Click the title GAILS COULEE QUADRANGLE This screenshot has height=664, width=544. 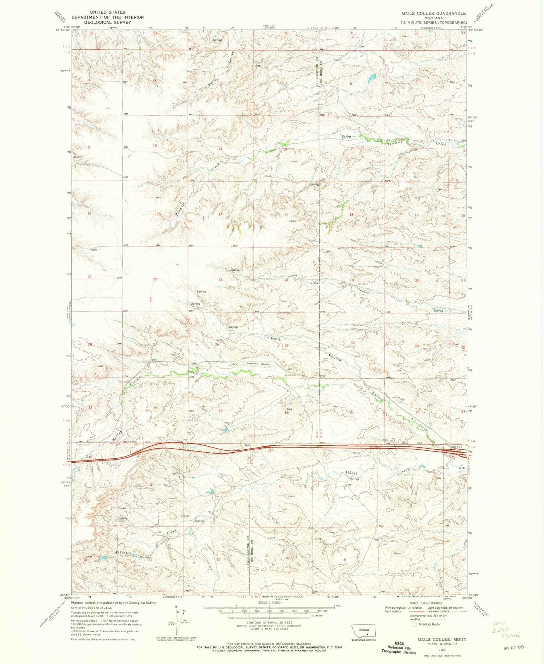point(433,13)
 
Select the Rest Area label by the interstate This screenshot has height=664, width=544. point(456,447)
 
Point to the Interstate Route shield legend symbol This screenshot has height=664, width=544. point(414,624)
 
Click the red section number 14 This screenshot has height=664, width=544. point(220,214)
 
